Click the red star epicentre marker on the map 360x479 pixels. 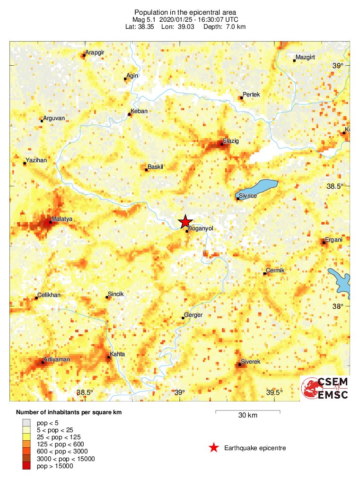[x=185, y=221]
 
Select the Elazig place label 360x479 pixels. [x=231, y=141]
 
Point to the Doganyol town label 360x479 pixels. [x=201, y=228]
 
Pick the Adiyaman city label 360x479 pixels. [x=57, y=360]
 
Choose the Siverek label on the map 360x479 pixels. [x=251, y=362]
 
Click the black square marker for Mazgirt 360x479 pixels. [x=294, y=61]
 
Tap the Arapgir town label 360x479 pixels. [x=94, y=52]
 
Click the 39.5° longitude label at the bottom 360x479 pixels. [x=274, y=392]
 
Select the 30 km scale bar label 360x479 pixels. [x=247, y=416]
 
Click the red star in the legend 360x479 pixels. [x=214, y=448]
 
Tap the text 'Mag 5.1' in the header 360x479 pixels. [x=144, y=19]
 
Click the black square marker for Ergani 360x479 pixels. [x=324, y=243]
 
